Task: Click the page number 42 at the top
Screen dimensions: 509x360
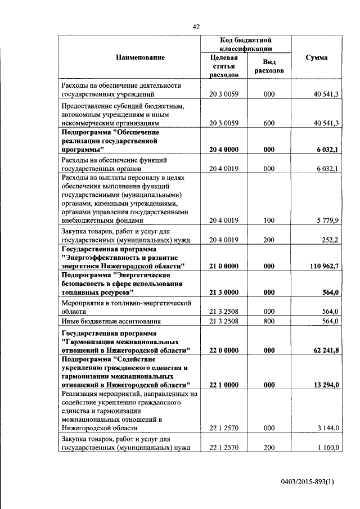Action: click(196, 26)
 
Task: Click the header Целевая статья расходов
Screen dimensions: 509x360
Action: click(224, 66)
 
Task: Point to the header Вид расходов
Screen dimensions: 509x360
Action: click(269, 66)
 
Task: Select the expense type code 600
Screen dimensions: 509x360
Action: click(269, 123)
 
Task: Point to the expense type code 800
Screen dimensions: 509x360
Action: click(269, 321)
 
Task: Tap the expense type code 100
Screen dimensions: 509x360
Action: click(269, 220)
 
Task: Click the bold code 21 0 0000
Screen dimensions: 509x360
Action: click(224, 265)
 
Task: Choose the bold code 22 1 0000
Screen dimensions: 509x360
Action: click(224, 385)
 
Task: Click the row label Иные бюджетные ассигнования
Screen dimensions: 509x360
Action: click(107, 321)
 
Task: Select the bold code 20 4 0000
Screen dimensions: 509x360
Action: click(224, 150)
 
